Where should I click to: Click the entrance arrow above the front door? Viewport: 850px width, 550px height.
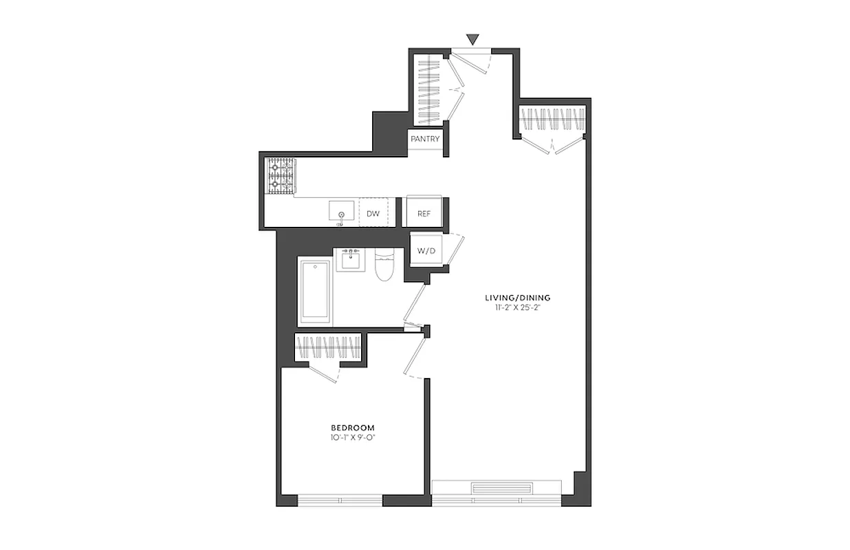pos(472,39)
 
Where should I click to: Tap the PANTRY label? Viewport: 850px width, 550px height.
pos(425,139)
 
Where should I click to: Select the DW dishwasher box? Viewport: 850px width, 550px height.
pos(373,214)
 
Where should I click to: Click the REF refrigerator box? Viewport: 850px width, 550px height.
pos(424,214)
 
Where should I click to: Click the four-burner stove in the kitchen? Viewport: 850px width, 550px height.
pos(281,176)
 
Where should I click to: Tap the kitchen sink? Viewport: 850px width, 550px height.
pos(342,210)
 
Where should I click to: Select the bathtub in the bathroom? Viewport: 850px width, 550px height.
pos(315,291)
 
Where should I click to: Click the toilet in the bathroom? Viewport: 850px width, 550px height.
pos(383,267)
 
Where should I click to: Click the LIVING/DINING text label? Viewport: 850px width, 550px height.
pos(518,298)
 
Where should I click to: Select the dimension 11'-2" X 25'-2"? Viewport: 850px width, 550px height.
pos(518,308)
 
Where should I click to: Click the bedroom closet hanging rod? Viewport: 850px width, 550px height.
pos(328,346)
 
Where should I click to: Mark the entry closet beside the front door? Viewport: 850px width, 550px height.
pos(428,88)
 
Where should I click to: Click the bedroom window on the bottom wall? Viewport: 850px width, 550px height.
pos(340,500)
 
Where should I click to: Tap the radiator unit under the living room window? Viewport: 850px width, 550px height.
pos(501,489)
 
